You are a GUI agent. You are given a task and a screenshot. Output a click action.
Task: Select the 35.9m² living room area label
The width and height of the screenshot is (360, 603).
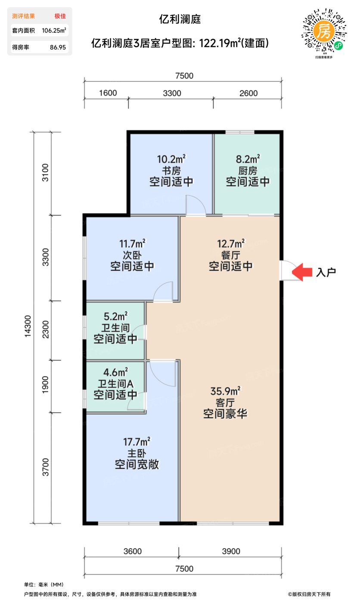point(225,392)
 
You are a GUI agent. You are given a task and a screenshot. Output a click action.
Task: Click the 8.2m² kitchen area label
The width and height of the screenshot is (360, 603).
point(248,159)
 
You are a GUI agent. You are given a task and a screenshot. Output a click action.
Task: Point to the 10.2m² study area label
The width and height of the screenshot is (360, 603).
point(171,159)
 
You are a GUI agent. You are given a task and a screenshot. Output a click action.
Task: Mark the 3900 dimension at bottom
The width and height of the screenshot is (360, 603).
point(231,551)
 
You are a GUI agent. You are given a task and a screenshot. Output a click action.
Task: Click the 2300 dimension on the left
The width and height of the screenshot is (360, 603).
point(46,330)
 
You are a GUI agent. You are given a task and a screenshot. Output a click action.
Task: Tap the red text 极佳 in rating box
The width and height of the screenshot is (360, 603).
point(60,16)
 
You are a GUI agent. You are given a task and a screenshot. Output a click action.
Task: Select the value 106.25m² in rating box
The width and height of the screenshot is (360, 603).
point(54,31)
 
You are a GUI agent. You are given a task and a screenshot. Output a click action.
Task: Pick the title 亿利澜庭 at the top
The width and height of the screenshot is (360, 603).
point(180,19)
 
